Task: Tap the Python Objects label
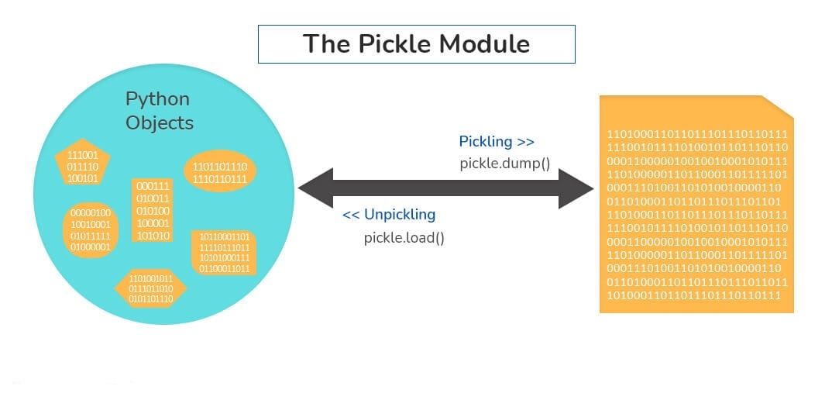pyautogui.click(x=159, y=111)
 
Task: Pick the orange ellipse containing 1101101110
pyautogui.click(x=219, y=172)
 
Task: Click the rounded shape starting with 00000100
pyautogui.click(x=90, y=229)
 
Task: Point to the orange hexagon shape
pyautogui.click(x=150, y=288)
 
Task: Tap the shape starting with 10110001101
pyautogui.click(x=225, y=253)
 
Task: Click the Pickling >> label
pyautogui.click(x=497, y=142)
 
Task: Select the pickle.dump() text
pyautogui.click(x=504, y=164)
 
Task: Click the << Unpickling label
pyautogui.click(x=389, y=215)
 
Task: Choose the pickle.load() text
pyautogui.click(x=404, y=237)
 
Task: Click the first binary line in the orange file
pyautogui.click(x=697, y=133)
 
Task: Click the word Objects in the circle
pyautogui.click(x=160, y=122)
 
